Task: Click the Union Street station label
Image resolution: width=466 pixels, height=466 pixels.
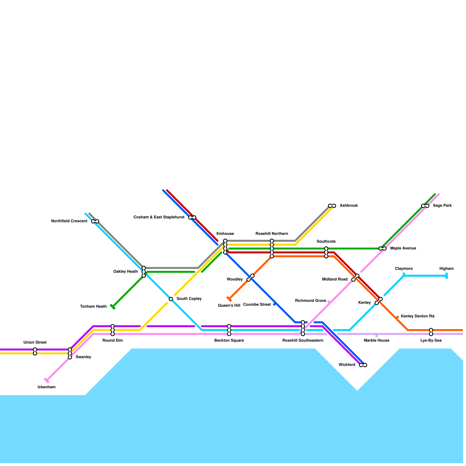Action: pyautogui.click(x=35, y=343)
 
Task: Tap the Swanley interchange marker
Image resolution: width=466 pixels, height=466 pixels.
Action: pyautogui.click(x=70, y=353)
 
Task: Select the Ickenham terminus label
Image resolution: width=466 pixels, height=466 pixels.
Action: pyautogui.click(x=47, y=387)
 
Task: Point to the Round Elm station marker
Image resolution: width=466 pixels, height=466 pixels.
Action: pyautogui.click(x=113, y=330)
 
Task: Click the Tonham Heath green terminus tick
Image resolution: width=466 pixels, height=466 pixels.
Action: pyautogui.click(x=112, y=307)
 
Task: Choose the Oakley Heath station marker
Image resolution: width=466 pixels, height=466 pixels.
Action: pyautogui.click(x=144, y=272)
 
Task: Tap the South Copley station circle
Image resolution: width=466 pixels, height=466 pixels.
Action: pyautogui.click(x=171, y=299)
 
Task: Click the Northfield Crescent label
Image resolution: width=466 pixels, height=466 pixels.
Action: pyautogui.click(x=69, y=221)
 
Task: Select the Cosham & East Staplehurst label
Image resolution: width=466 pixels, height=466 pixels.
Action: pyautogui.click(x=159, y=217)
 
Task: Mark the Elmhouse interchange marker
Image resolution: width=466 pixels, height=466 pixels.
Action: pyautogui.click(x=225, y=247)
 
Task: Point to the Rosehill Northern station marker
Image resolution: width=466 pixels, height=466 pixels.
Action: pyautogui.click(x=272, y=248)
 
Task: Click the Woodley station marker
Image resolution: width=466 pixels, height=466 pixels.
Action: pyautogui.click(x=250, y=278)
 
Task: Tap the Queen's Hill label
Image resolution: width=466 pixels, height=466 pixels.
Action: pyautogui.click(x=229, y=306)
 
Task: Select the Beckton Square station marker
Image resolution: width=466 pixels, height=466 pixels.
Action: pyautogui.click(x=229, y=330)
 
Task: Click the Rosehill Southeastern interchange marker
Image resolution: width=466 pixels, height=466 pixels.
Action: pyautogui.click(x=303, y=328)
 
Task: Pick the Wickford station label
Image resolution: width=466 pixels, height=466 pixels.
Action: pyautogui.click(x=347, y=365)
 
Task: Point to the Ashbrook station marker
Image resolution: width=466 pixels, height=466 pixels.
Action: pyautogui.click(x=332, y=206)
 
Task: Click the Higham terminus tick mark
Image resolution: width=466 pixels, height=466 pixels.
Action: pyautogui.click(x=446, y=276)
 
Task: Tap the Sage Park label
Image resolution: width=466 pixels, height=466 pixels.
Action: pyautogui.click(x=442, y=206)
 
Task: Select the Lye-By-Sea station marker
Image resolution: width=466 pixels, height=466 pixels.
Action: pyautogui.click(x=431, y=332)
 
